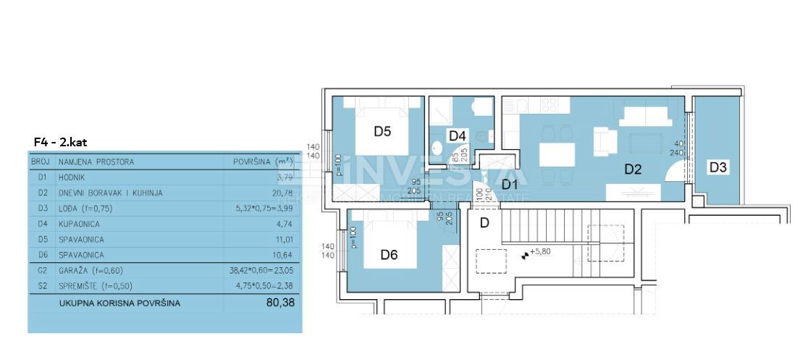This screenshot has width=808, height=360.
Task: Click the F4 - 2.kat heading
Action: point(61,142)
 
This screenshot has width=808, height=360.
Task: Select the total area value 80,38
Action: point(281,303)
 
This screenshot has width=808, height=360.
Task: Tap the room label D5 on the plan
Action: point(382,132)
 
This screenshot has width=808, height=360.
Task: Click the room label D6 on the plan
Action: point(390,254)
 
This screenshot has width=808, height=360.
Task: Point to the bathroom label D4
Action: point(457,135)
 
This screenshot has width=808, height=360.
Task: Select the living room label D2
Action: point(634,169)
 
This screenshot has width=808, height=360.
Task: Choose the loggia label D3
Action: point(717,167)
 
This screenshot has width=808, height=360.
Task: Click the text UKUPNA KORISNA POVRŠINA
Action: point(119,304)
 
